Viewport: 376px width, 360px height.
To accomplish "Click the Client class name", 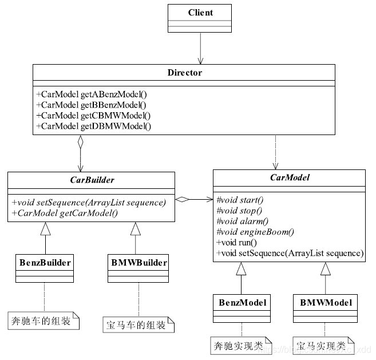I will tap(200, 12).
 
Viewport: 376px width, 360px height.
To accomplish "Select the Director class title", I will tap(184, 73).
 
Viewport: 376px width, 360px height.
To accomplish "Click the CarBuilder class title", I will tap(91, 180).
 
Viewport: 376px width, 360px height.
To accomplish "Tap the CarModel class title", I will tap(290, 178).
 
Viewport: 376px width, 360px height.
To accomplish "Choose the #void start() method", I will tap(240, 200).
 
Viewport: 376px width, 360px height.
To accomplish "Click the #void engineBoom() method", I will tap(255, 232).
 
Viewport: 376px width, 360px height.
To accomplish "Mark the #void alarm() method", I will tap(242, 221).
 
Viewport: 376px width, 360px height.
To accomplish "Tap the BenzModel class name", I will tap(240, 301).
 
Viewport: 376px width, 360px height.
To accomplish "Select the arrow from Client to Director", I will tap(200, 48).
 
